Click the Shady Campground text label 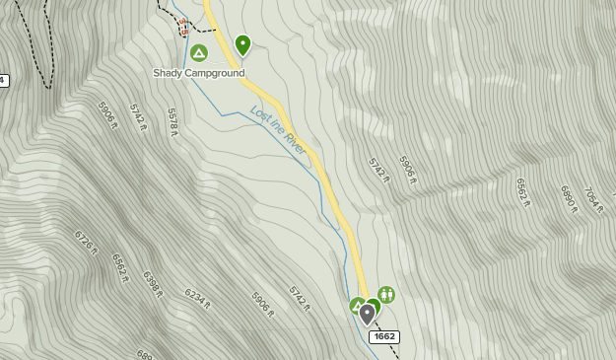(x=198, y=73)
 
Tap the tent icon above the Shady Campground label (x=199, y=53)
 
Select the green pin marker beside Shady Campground (x=242, y=45)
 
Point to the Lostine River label (x=279, y=129)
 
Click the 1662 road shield (x=384, y=337)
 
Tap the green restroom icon (x=386, y=294)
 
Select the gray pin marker (x=368, y=315)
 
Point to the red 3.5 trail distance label (x=183, y=26)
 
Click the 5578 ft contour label (x=173, y=120)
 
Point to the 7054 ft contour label (x=593, y=200)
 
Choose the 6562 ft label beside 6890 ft (x=523, y=192)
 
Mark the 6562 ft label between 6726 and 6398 (x=120, y=267)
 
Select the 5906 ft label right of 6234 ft (x=262, y=304)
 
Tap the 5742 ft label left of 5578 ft (x=138, y=116)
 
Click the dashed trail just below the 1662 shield (x=392, y=351)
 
